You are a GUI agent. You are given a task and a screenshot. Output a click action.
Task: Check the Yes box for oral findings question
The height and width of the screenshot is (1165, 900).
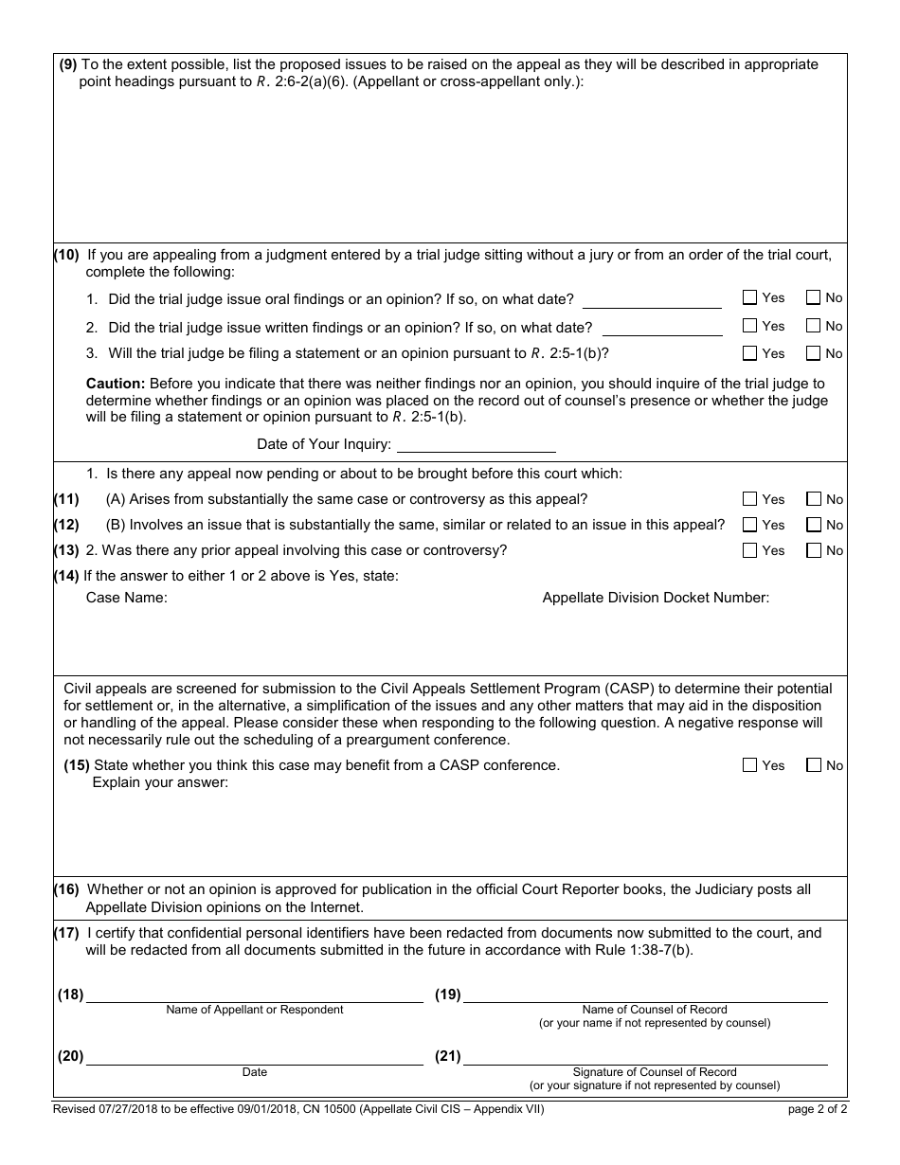pyautogui.click(x=750, y=297)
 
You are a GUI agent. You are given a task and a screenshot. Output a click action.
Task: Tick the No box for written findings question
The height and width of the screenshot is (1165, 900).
pyautogui.click(x=813, y=326)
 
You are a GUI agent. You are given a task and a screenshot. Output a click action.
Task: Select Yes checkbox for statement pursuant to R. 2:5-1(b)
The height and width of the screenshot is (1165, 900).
pyautogui.click(x=750, y=353)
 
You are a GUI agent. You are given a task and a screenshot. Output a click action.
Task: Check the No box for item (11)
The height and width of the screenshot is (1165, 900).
pyautogui.click(x=814, y=499)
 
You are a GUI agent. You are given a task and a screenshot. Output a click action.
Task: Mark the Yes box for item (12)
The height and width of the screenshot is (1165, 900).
pyautogui.click(x=750, y=525)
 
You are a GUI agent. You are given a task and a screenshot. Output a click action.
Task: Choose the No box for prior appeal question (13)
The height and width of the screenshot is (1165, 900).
pyautogui.click(x=814, y=550)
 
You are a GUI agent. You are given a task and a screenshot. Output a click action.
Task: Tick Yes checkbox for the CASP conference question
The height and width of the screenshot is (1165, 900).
pyautogui.click(x=750, y=765)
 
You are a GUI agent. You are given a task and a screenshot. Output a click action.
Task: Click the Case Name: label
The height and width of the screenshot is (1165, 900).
pyautogui.click(x=126, y=598)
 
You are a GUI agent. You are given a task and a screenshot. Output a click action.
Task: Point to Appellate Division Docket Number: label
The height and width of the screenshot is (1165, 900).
pyautogui.click(x=656, y=598)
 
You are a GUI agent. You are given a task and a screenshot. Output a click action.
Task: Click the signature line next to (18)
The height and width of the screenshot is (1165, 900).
pyautogui.click(x=254, y=995)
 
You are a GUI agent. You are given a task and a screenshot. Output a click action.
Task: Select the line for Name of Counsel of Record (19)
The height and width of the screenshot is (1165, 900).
pyautogui.click(x=644, y=995)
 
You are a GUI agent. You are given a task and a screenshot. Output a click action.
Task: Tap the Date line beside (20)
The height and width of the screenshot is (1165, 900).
pyautogui.click(x=254, y=1057)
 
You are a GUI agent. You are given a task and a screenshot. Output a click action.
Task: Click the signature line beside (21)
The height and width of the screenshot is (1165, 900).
pyautogui.click(x=644, y=1057)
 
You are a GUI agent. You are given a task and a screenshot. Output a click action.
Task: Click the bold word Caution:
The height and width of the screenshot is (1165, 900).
pyautogui.click(x=116, y=384)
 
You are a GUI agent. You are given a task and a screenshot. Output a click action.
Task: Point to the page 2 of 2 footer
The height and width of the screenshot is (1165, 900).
pyautogui.click(x=818, y=1110)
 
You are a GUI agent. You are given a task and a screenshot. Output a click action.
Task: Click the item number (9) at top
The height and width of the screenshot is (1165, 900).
pyautogui.click(x=68, y=64)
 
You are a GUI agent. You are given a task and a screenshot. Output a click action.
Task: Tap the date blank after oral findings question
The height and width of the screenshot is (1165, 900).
pyautogui.click(x=652, y=300)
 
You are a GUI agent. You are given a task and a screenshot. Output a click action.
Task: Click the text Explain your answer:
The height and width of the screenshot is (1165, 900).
pyautogui.click(x=160, y=782)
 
